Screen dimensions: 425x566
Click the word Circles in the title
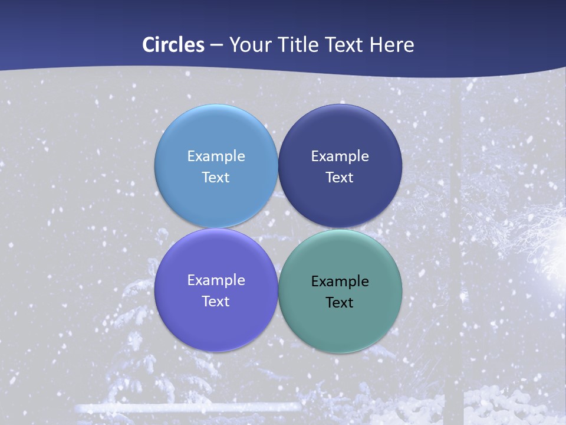point(173,45)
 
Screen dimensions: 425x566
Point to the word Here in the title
point(392,45)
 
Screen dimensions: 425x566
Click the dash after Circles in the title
point(216,45)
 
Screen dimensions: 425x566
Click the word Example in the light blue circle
point(216,156)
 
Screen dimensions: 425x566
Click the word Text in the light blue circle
point(216,178)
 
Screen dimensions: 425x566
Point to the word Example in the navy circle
point(340,156)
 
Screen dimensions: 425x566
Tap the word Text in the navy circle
point(340,178)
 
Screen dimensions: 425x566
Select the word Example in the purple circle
point(216,280)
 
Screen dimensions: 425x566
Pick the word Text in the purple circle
point(216,302)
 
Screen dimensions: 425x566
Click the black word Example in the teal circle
point(340,282)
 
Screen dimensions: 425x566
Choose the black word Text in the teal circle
point(340,303)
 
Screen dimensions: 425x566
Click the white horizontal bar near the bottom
point(189,407)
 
